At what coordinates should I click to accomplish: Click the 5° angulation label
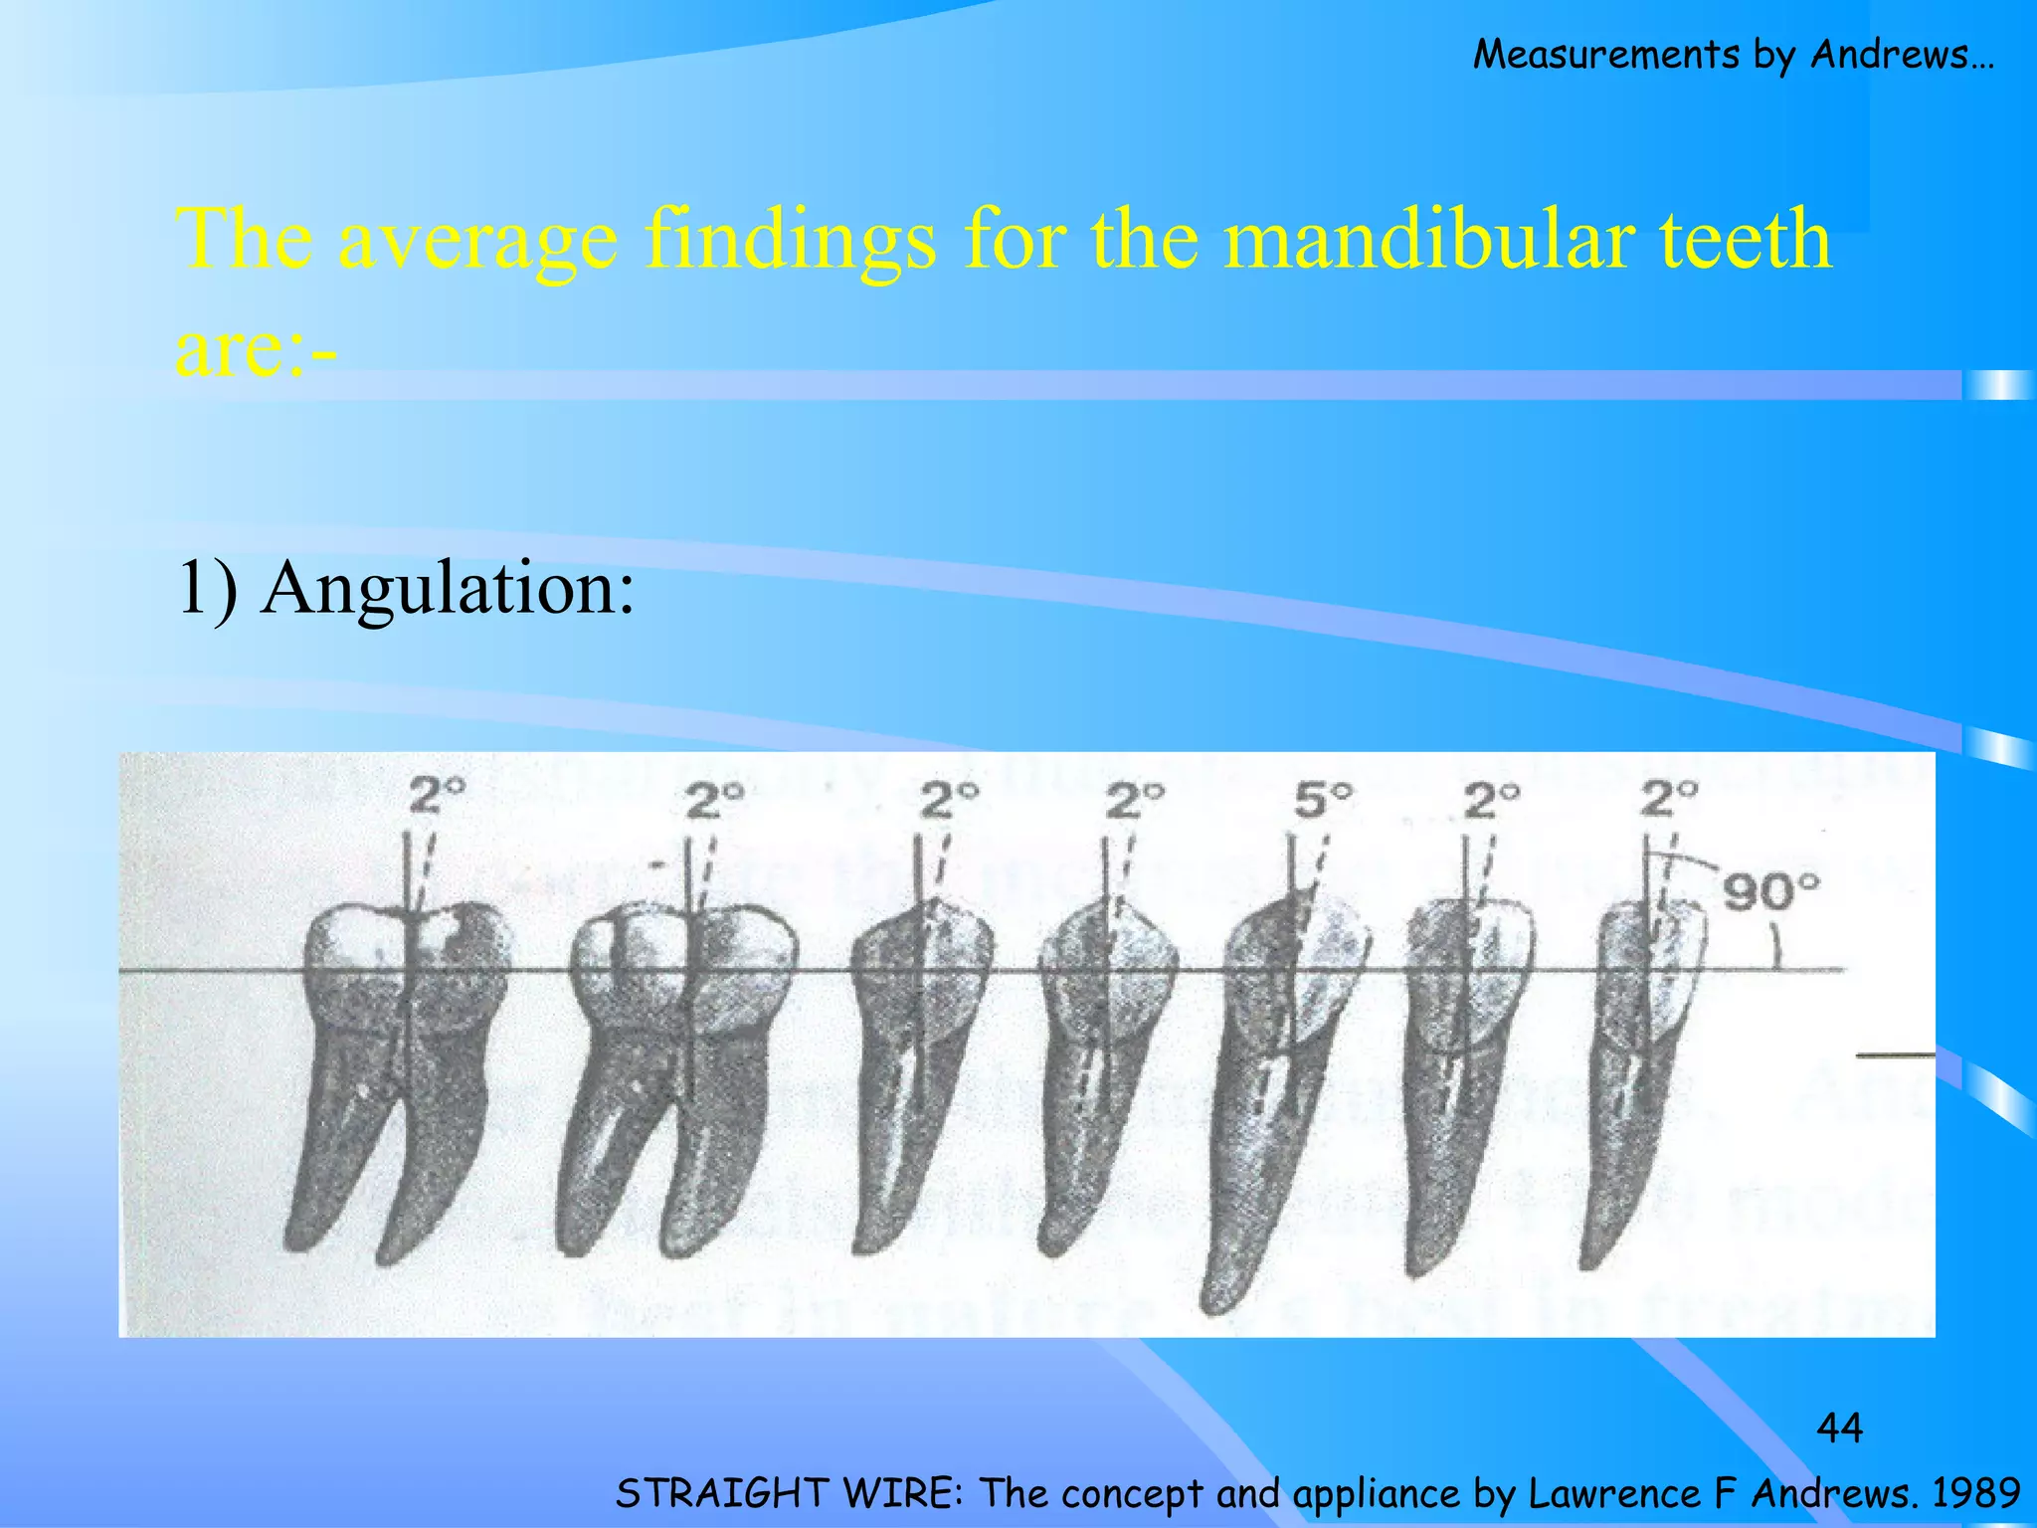1324,799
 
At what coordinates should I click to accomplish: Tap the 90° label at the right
1770,892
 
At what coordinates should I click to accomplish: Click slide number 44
1839,1429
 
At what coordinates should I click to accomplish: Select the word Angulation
448,589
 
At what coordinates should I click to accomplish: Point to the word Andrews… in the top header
1902,54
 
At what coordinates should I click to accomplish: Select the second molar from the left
681,1064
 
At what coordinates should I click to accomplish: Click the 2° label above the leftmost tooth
438,796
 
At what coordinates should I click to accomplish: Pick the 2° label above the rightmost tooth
1669,798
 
